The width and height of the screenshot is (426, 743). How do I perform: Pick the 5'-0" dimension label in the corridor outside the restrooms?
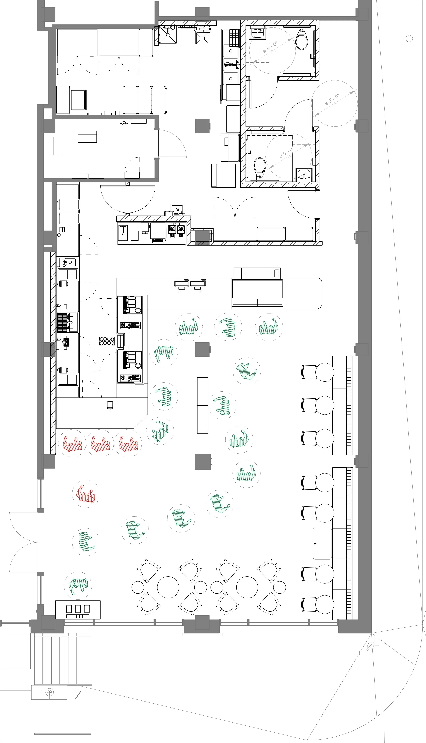point(332,100)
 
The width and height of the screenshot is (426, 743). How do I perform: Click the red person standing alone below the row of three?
point(86,494)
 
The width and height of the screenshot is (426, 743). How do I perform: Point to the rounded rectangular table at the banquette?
point(322,543)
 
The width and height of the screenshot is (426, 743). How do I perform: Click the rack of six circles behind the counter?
point(107,341)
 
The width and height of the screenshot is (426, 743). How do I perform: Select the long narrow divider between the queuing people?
point(202,405)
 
